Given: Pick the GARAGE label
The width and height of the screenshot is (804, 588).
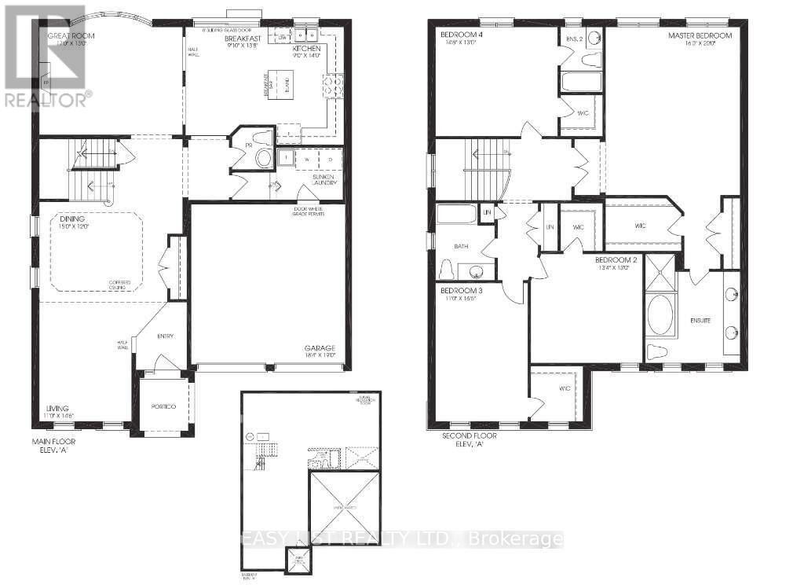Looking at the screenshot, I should pyautogui.click(x=320, y=348).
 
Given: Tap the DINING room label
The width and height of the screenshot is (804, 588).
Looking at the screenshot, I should pyautogui.click(x=70, y=219).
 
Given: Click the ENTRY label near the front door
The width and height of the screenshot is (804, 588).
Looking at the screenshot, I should pyautogui.click(x=165, y=336).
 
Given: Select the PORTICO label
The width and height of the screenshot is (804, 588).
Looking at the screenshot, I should pyautogui.click(x=163, y=406).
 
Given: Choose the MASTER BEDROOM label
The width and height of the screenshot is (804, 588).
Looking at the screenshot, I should pyautogui.click(x=700, y=36).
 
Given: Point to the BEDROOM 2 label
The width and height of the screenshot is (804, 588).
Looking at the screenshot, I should pyautogui.click(x=615, y=259).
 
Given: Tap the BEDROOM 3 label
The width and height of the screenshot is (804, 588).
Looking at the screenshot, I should pyautogui.click(x=459, y=291).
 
